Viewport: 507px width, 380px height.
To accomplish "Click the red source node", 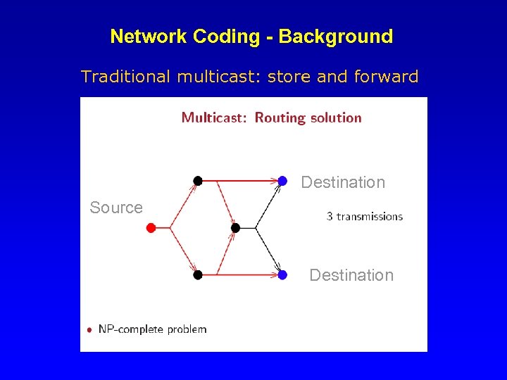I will pos(151,227).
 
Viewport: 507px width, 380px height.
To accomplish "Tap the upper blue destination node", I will pos(282,181).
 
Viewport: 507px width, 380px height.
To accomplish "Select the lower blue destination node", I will pos(282,274).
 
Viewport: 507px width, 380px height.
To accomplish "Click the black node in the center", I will pos(236,227).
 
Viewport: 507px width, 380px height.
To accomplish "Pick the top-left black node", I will pos(198,181).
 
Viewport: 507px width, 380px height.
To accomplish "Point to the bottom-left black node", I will pos(198,274).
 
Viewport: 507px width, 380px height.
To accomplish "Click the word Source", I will pos(116,208).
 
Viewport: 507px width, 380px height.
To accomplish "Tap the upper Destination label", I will pos(343,182).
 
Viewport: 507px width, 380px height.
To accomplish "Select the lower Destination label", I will pos(351,275).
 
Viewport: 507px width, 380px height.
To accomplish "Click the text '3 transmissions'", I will pos(365,216).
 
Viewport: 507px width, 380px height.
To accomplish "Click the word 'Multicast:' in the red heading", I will pos(214,118).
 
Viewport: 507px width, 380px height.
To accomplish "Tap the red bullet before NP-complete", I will pos(89,329).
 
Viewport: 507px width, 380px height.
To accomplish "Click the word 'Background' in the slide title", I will pos(336,37).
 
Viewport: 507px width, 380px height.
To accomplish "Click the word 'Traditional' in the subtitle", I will pos(125,77).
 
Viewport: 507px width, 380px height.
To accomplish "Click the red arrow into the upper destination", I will pos(239,181).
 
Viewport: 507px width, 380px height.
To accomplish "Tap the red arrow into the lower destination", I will pos(239,274).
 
